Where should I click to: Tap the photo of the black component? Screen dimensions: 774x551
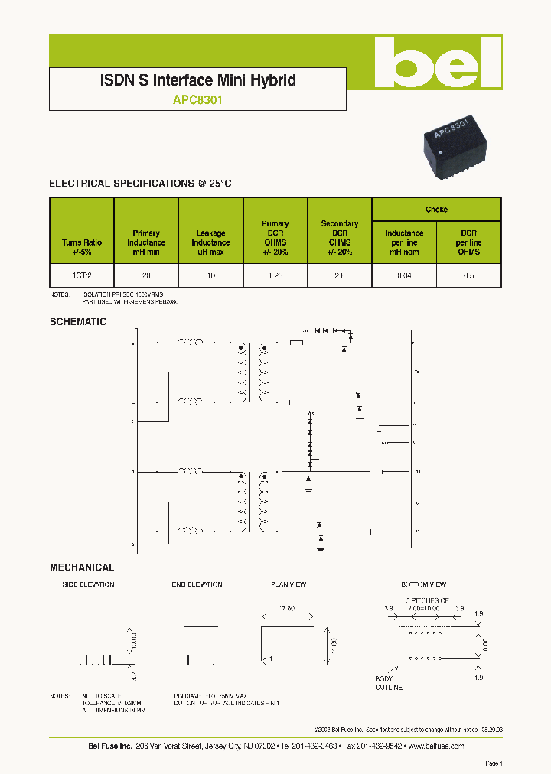tap(452, 147)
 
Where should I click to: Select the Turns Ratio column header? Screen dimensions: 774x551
tap(81, 247)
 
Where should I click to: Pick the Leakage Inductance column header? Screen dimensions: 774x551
tap(210, 242)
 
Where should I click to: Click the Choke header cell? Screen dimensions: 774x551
tap(436, 210)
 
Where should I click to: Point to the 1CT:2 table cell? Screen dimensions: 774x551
tap(81, 274)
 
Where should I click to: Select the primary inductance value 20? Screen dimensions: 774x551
tap(145, 274)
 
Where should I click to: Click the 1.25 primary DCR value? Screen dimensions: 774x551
tap(275, 274)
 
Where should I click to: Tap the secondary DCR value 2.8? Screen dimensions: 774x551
tap(339, 274)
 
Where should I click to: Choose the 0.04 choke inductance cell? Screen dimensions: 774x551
tap(403, 274)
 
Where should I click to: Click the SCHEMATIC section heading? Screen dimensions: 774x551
tap(78, 322)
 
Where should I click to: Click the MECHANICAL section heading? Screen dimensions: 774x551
tap(82, 567)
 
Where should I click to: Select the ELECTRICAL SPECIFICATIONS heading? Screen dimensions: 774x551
tap(140, 184)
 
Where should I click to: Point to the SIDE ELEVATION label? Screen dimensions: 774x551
tap(88, 585)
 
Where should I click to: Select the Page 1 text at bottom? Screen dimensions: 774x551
tap(494, 763)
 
